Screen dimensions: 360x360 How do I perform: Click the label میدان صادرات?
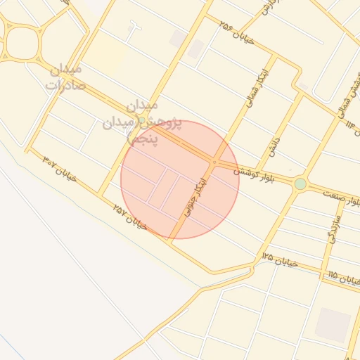[x=65, y=77]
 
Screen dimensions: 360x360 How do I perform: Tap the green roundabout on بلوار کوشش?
[x=300, y=184]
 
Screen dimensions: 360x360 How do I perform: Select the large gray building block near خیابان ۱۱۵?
[x=332, y=325]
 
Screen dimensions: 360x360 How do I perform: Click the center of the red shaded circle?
[x=180, y=179]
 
